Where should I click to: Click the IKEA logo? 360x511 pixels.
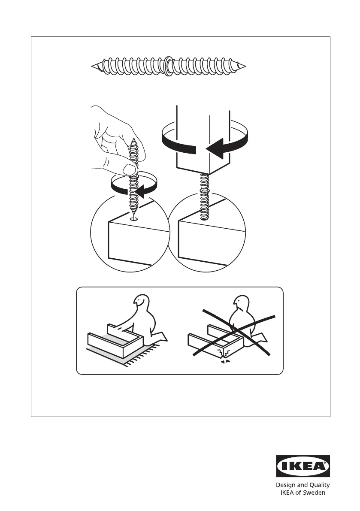[303, 466]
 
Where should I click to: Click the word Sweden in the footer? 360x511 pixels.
[315, 493]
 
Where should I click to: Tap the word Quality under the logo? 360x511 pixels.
[318, 485]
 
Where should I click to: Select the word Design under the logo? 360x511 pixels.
[286, 485]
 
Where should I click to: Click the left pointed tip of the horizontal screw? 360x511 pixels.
[92, 67]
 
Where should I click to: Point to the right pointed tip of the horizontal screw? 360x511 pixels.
[245, 67]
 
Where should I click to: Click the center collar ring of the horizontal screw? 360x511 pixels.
[168, 67]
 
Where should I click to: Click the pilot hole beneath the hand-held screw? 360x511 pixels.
[133, 219]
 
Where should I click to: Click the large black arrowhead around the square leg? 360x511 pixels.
[216, 148]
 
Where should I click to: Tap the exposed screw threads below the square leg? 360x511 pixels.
[205, 196]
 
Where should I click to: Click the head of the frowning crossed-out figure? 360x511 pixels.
[240, 304]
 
